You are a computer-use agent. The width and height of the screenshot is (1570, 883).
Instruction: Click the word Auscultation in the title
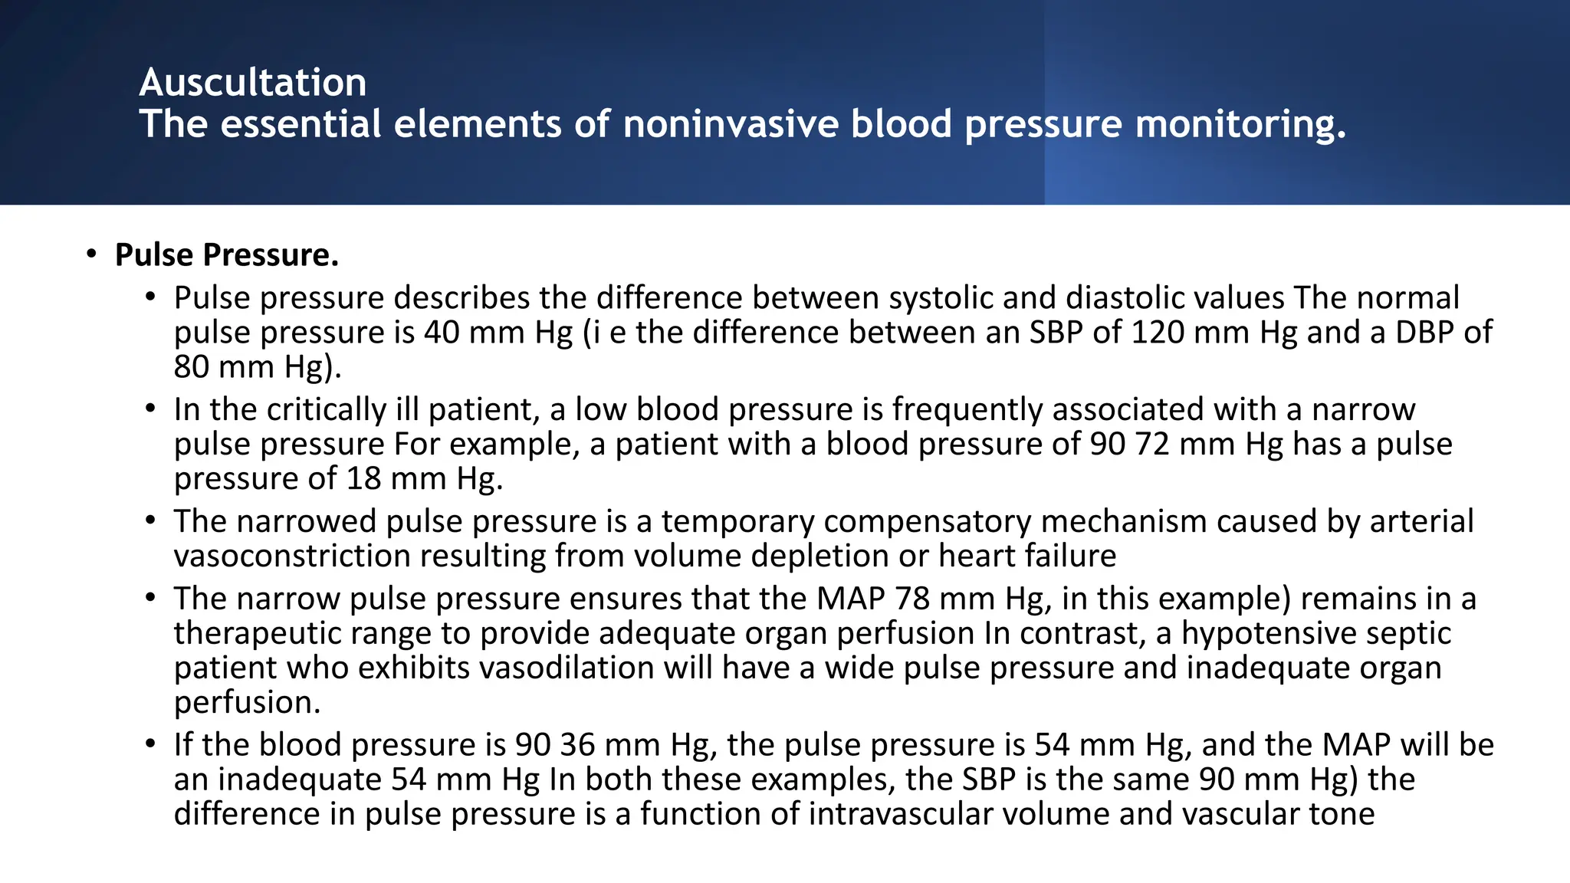click(253, 82)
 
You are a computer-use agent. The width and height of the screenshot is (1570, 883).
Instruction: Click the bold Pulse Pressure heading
click(226, 254)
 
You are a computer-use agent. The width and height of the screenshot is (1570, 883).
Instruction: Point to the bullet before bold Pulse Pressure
click(91, 254)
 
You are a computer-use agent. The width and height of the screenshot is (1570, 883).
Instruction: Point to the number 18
click(363, 478)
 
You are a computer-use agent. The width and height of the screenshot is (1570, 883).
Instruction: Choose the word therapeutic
click(250, 633)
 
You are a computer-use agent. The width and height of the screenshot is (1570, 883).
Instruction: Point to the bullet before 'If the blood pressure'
click(150, 745)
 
